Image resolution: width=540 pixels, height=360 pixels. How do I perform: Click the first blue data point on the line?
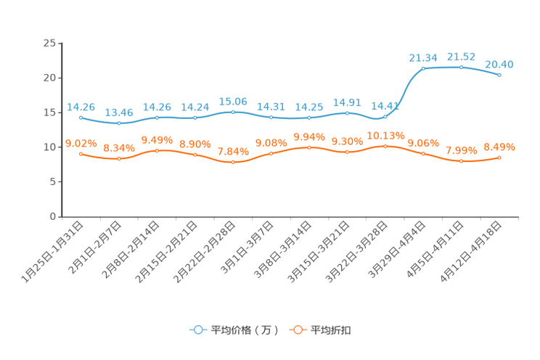pos(81,118)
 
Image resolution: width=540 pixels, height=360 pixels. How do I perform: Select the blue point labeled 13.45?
pos(119,123)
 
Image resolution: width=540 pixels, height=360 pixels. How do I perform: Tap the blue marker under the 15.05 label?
pos(233,112)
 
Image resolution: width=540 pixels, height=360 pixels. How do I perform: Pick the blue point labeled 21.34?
pos(423,68)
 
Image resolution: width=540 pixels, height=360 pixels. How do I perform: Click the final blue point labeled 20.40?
pos(500,75)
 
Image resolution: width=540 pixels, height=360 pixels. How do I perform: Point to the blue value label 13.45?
pos(119,112)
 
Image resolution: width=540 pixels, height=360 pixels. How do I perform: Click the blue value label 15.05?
pos(233,101)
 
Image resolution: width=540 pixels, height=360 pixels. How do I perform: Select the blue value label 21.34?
pos(423,57)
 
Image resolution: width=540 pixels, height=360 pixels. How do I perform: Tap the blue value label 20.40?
pos(499,64)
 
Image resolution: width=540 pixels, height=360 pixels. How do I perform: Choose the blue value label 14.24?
pos(195,107)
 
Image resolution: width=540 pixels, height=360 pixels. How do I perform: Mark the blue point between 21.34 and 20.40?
pos(462,67)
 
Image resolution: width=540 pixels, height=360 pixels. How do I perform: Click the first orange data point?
pos(81,154)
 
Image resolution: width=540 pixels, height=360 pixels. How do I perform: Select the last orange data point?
pos(500,157)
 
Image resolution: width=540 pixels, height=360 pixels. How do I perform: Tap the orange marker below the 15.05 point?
pos(233,163)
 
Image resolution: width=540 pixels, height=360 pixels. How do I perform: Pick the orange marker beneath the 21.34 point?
pos(423,153)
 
